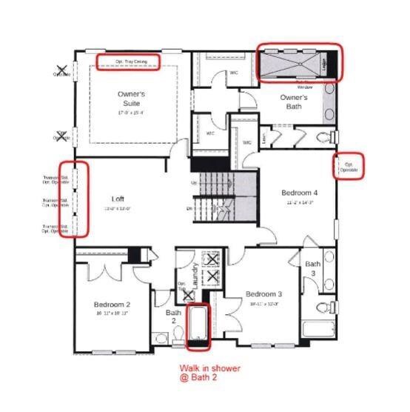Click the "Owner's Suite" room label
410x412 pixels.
pyautogui.click(x=132, y=99)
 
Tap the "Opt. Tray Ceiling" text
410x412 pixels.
pyautogui.click(x=129, y=61)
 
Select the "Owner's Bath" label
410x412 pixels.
pyautogui.click(x=293, y=102)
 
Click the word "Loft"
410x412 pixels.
pyautogui.click(x=118, y=199)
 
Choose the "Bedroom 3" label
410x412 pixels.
pyautogui.click(x=265, y=294)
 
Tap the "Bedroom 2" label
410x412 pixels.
pyautogui.click(x=112, y=305)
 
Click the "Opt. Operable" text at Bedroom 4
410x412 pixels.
pyautogui.click(x=349, y=166)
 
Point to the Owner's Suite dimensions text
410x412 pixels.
pyautogui.click(x=132, y=113)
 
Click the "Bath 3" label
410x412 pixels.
pyautogui.click(x=313, y=269)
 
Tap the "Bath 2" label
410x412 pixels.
pyautogui.click(x=173, y=316)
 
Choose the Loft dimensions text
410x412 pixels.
pyautogui.click(x=118, y=208)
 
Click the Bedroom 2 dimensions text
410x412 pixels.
pyautogui.click(x=112, y=313)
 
